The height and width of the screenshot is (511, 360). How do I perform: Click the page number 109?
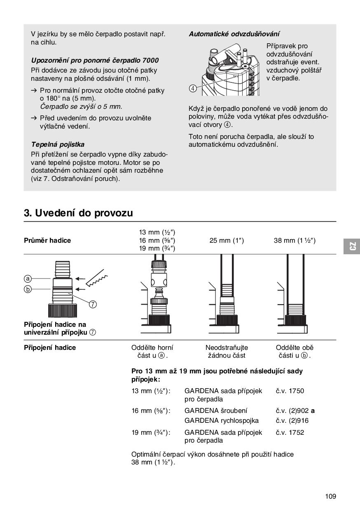(x=330, y=496)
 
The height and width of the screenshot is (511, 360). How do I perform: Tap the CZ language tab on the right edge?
(x=352, y=246)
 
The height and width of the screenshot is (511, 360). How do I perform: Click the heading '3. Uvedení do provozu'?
(x=78, y=213)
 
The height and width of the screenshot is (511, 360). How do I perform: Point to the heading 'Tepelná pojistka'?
(x=58, y=144)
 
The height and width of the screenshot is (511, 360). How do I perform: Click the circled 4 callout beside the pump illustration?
(x=193, y=88)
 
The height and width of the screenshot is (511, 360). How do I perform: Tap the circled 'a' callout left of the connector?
(x=28, y=278)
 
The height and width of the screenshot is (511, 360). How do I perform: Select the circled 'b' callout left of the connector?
(x=28, y=289)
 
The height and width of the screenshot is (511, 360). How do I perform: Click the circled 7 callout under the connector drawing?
(x=93, y=305)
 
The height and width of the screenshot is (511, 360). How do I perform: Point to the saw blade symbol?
(x=97, y=279)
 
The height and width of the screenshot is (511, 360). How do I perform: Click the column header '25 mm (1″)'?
(x=227, y=241)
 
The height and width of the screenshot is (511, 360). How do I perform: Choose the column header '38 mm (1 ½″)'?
(x=295, y=241)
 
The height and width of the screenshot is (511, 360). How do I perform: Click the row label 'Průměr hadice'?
(x=47, y=241)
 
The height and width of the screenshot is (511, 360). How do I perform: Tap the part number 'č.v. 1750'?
(x=290, y=391)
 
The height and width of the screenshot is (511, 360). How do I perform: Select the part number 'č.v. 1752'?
(x=290, y=432)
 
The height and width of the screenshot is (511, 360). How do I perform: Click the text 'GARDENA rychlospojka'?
(x=222, y=421)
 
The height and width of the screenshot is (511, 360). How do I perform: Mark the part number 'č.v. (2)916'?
(x=292, y=421)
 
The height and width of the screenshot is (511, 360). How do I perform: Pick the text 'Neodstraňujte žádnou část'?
(x=227, y=352)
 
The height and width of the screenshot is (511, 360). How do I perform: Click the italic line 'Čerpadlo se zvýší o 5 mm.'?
(x=81, y=106)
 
